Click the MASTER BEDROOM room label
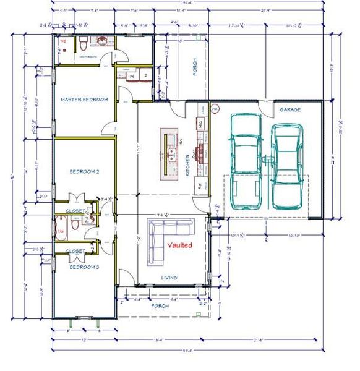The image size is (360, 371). (x=84, y=99)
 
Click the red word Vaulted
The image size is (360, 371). (x=180, y=245)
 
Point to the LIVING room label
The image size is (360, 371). (x=169, y=278)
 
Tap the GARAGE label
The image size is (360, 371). (x=290, y=109)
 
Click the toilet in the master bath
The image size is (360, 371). (x=83, y=43)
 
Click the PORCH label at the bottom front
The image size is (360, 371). (x=160, y=305)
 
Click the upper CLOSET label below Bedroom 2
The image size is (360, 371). (x=75, y=211)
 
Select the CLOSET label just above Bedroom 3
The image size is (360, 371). (x=75, y=251)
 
